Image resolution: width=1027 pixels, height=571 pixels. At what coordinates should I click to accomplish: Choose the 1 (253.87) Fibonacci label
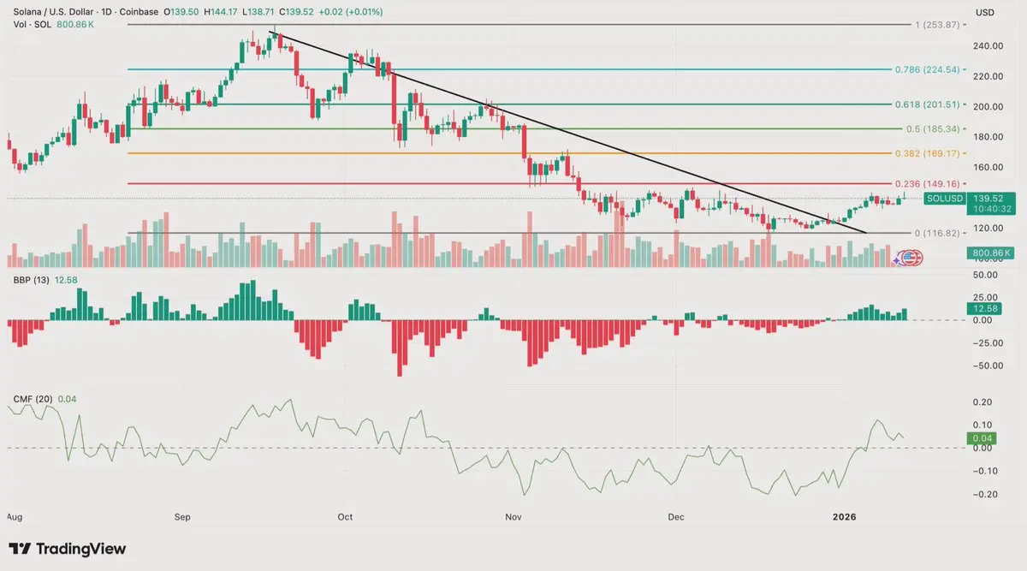pyautogui.click(x=938, y=26)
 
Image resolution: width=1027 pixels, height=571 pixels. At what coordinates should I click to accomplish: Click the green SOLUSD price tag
pyautogui.click(x=945, y=198)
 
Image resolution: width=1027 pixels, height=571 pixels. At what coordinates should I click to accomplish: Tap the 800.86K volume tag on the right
pyautogui.click(x=984, y=253)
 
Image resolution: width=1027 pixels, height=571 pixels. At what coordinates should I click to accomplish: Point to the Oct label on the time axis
pyautogui.click(x=345, y=517)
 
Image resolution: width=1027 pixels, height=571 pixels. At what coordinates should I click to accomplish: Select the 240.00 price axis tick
pyautogui.click(x=989, y=46)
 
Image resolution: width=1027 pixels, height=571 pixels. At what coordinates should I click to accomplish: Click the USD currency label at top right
pyautogui.click(x=985, y=12)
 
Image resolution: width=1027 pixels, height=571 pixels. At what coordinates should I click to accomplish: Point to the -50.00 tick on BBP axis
pyautogui.click(x=988, y=366)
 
